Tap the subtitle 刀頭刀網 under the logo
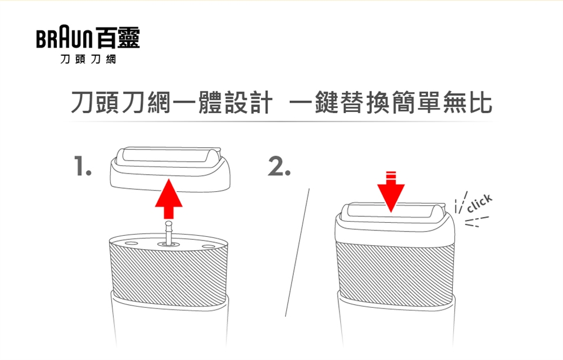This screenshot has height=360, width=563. click(x=88, y=59)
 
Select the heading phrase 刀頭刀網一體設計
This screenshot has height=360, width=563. click(x=171, y=103)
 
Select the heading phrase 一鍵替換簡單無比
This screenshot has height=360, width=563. click(x=391, y=103)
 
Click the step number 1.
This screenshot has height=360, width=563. click(x=82, y=166)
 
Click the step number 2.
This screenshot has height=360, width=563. click(x=279, y=166)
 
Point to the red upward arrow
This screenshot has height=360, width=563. click(x=169, y=199)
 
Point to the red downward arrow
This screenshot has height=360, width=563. click(x=391, y=192)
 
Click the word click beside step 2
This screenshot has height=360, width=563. click(x=479, y=203)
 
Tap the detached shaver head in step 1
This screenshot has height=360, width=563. click(x=169, y=169)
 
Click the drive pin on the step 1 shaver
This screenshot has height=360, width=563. click(x=168, y=233)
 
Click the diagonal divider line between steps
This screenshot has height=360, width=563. click(x=297, y=252)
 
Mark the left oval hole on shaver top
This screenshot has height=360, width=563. click(x=131, y=244)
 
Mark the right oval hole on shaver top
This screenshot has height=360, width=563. click(x=208, y=246)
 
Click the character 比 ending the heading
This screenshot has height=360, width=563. click(x=480, y=103)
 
